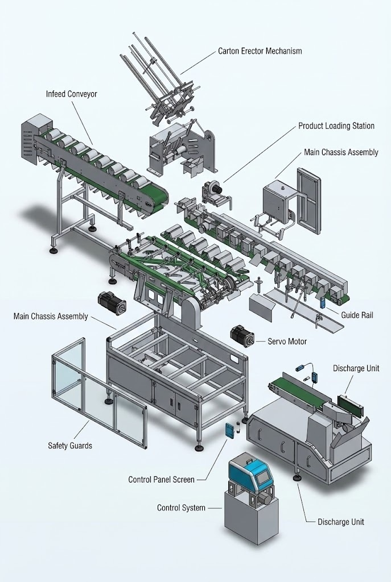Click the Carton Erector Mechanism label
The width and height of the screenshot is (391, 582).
[260, 51]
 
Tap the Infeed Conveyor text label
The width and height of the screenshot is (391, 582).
[71, 94]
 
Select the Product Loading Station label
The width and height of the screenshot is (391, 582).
[336, 126]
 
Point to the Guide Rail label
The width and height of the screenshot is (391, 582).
[357, 314]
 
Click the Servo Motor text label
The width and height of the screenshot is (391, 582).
[287, 342]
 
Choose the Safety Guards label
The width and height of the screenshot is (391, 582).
[69, 446]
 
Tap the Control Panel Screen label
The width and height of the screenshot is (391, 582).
[161, 480]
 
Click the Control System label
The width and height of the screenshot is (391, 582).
[181, 508]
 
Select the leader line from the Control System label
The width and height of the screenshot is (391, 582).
[215, 508]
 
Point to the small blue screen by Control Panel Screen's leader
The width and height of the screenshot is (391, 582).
[229, 430]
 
